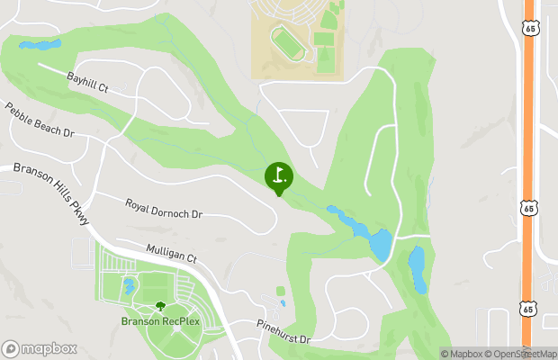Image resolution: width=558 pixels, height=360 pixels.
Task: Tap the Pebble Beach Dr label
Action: click(x=39, y=119)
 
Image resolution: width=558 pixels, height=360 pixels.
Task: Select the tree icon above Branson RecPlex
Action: click(x=161, y=307)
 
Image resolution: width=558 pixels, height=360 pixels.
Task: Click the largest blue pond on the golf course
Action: click(x=380, y=244)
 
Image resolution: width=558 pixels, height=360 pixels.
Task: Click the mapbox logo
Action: click(x=40, y=348)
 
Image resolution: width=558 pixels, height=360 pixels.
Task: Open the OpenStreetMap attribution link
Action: click(x=525, y=354)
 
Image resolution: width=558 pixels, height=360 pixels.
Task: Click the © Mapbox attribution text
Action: click(x=463, y=354)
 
